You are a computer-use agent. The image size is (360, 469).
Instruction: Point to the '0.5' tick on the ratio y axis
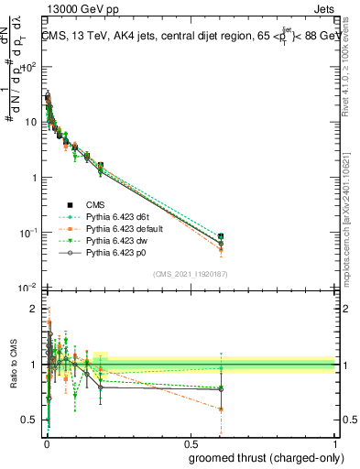(x=31, y=420)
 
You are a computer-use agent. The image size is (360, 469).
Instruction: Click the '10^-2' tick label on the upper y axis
(x=27, y=288)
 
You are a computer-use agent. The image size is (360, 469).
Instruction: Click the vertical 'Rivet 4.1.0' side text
(x=350, y=69)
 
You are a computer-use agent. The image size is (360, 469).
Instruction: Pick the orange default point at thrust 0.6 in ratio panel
(x=220, y=409)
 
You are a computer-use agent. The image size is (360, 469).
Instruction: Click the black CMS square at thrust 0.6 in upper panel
(x=220, y=238)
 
